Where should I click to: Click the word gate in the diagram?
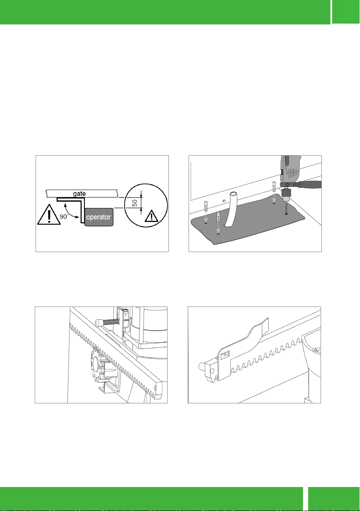79,194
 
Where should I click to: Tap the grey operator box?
99,217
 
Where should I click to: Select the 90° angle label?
63,216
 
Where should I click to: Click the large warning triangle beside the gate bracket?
49,215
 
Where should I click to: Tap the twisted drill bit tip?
286,213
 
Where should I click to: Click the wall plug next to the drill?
274,187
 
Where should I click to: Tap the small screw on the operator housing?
315,350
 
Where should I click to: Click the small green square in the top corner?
346,12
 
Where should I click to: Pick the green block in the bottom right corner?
334,499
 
